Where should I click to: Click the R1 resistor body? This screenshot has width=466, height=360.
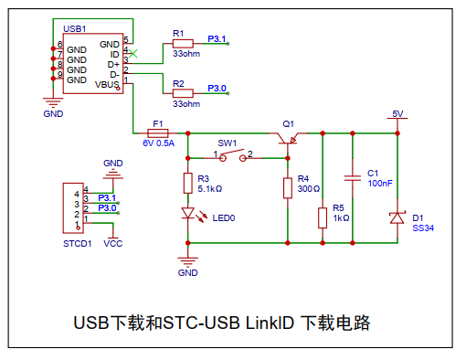click(183, 44)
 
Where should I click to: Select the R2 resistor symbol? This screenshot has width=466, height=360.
click(183, 93)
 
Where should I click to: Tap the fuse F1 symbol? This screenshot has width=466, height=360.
click(158, 133)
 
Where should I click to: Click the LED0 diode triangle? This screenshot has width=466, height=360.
click(188, 213)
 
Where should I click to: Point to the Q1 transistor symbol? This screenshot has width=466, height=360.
click(288, 138)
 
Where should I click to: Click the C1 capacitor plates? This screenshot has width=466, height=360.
click(353, 178)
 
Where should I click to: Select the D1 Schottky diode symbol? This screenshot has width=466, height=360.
click(397, 217)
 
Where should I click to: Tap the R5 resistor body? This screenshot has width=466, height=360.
click(323, 218)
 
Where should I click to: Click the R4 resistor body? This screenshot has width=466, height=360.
click(288, 188)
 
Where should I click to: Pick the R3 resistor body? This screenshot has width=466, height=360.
click(188, 184)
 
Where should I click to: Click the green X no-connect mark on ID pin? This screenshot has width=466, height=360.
click(132, 53)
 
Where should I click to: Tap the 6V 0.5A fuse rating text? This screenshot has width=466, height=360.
click(159, 143)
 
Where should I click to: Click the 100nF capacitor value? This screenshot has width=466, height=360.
click(380, 184)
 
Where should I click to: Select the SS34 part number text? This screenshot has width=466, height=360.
click(423, 228)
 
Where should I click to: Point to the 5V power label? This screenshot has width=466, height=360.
click(397, 114)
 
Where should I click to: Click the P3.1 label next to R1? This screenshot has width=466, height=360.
click(217, 39)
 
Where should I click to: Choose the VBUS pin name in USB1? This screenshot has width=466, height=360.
click(107, 84)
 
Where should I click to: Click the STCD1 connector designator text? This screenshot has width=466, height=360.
click(78, 244)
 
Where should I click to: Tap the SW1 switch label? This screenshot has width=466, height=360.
click(228, 143)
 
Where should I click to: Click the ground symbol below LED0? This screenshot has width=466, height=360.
click(188, 261)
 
